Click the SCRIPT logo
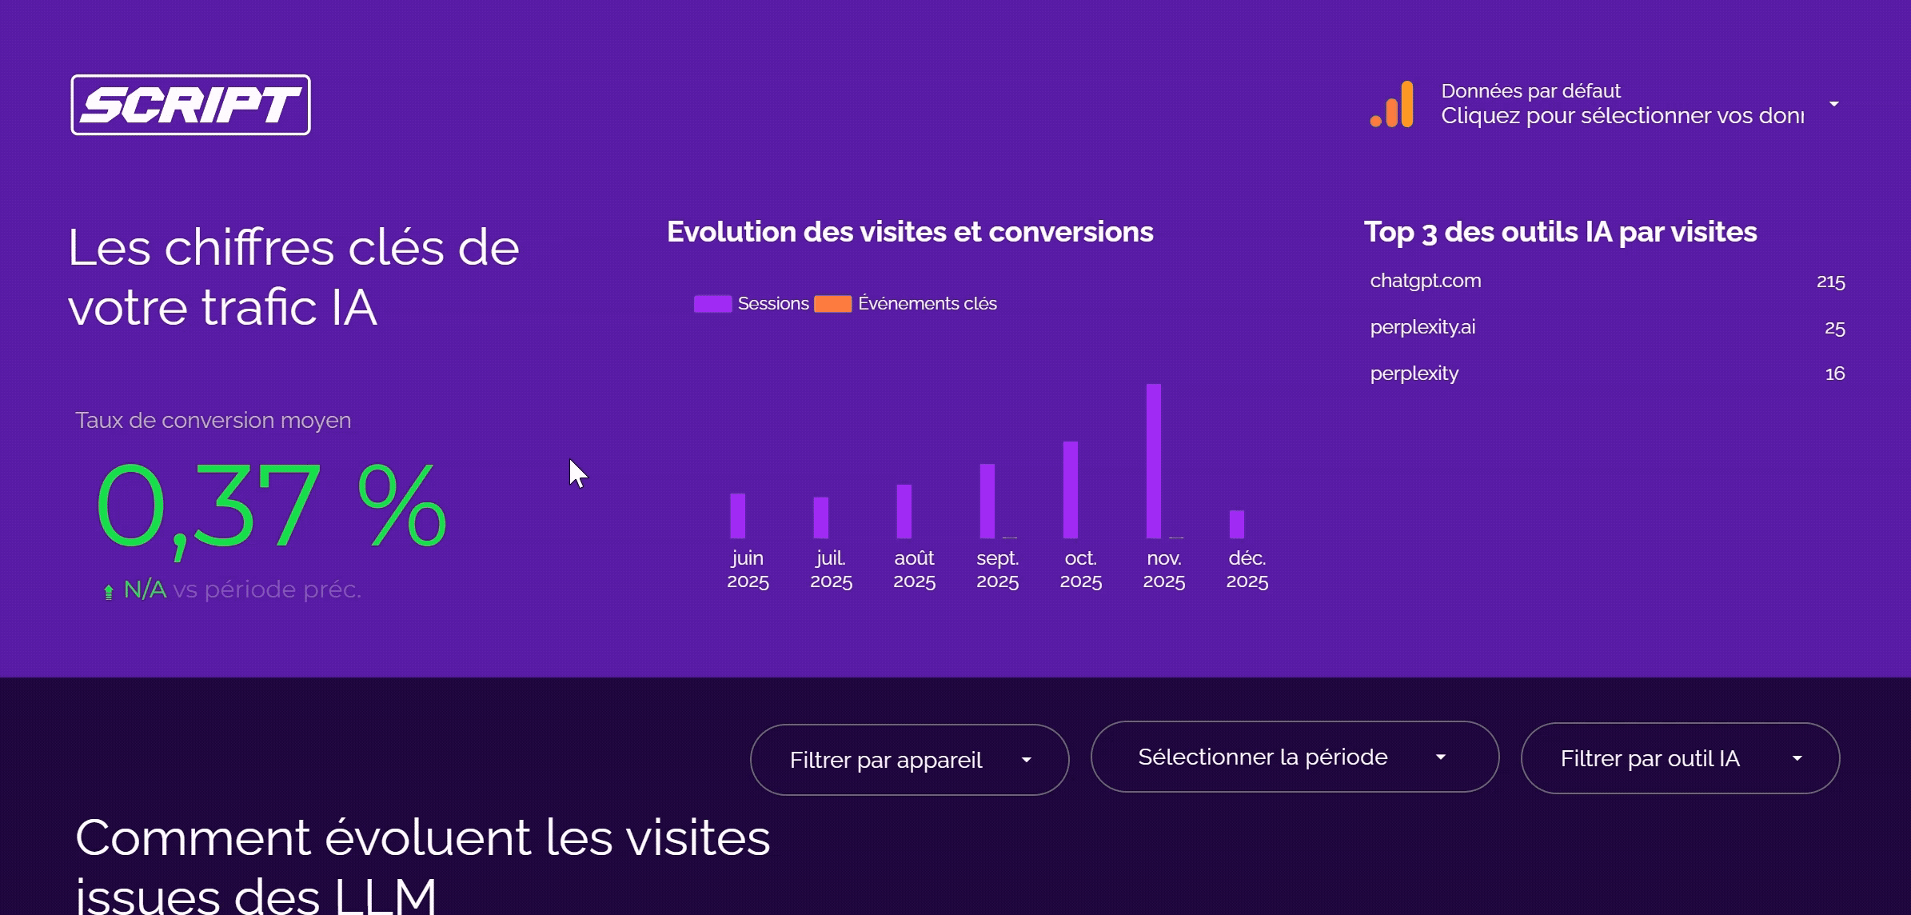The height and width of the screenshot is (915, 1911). click(190, 105)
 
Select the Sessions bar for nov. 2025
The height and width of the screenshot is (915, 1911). click(1153, 461)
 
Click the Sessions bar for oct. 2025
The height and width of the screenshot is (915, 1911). click(1070, 489)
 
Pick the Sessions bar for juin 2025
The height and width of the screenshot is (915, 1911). click(737, 516)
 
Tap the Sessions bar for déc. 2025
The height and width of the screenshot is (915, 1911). click(1236, 524)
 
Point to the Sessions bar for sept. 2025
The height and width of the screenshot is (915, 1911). click(987, 501)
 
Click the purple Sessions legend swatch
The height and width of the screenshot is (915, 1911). click(712, 304)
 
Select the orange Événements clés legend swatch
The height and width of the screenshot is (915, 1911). click(832, 304)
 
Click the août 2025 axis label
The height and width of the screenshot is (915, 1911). click(914, 569)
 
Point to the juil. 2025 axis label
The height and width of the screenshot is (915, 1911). click(831, 569)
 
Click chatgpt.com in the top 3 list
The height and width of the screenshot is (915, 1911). click(1425, 281)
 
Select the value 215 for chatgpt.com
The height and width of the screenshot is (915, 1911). click(1829, 282)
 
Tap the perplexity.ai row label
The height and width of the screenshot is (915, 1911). click(1422, 327)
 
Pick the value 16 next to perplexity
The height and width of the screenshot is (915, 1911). click(1834, 374)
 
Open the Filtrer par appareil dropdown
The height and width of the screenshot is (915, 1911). click(909, 760)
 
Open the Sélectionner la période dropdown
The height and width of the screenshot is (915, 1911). click(1294, 757)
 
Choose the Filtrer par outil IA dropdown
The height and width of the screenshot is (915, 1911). click(1679, 758)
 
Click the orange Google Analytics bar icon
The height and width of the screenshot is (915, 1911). click(1392, 105)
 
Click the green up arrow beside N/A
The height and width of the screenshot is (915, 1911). click(109, 592)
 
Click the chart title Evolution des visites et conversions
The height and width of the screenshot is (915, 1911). click(910, 232)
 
